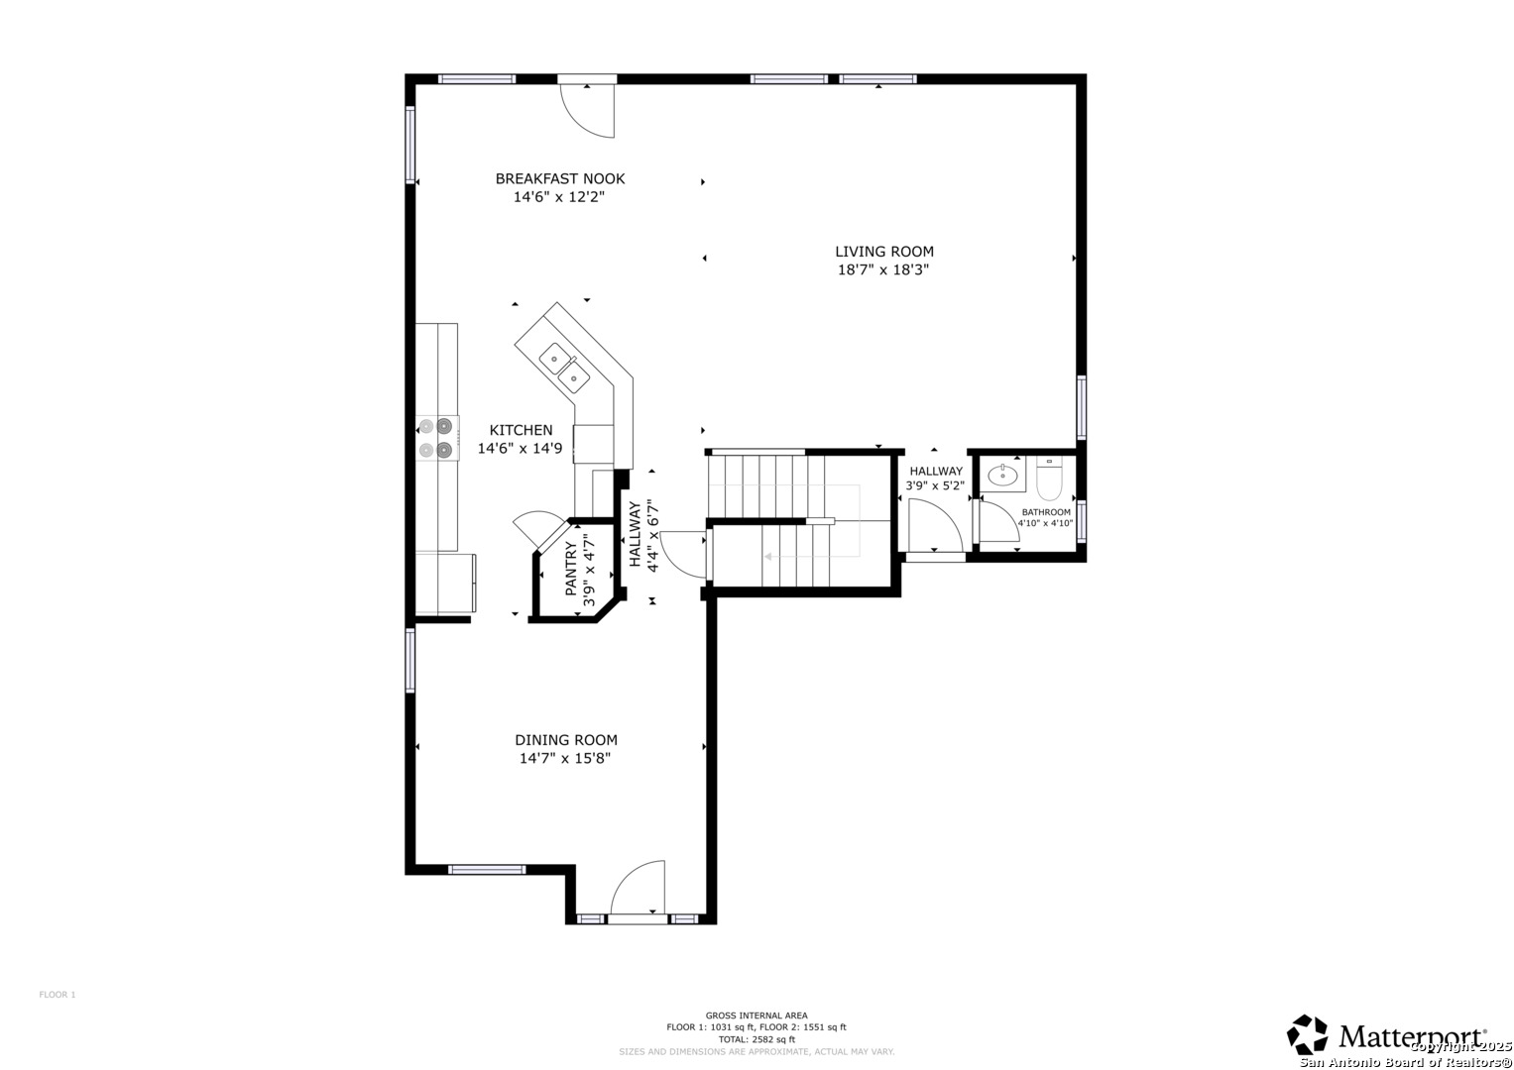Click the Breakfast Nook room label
coord(559,179)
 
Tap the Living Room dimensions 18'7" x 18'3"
coord(882,269)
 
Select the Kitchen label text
coord(521,430)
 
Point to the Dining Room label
coord(565,740)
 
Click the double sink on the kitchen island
coord(563,366)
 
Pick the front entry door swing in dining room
coord(638,888)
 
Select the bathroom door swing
coord(997,523)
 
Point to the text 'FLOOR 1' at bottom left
coord(58,995)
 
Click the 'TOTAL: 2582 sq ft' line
coord(756,1039)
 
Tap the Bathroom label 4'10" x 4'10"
coord(1045,518)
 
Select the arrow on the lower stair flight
coord(768,557)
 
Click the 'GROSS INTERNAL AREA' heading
coord(756,1016)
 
